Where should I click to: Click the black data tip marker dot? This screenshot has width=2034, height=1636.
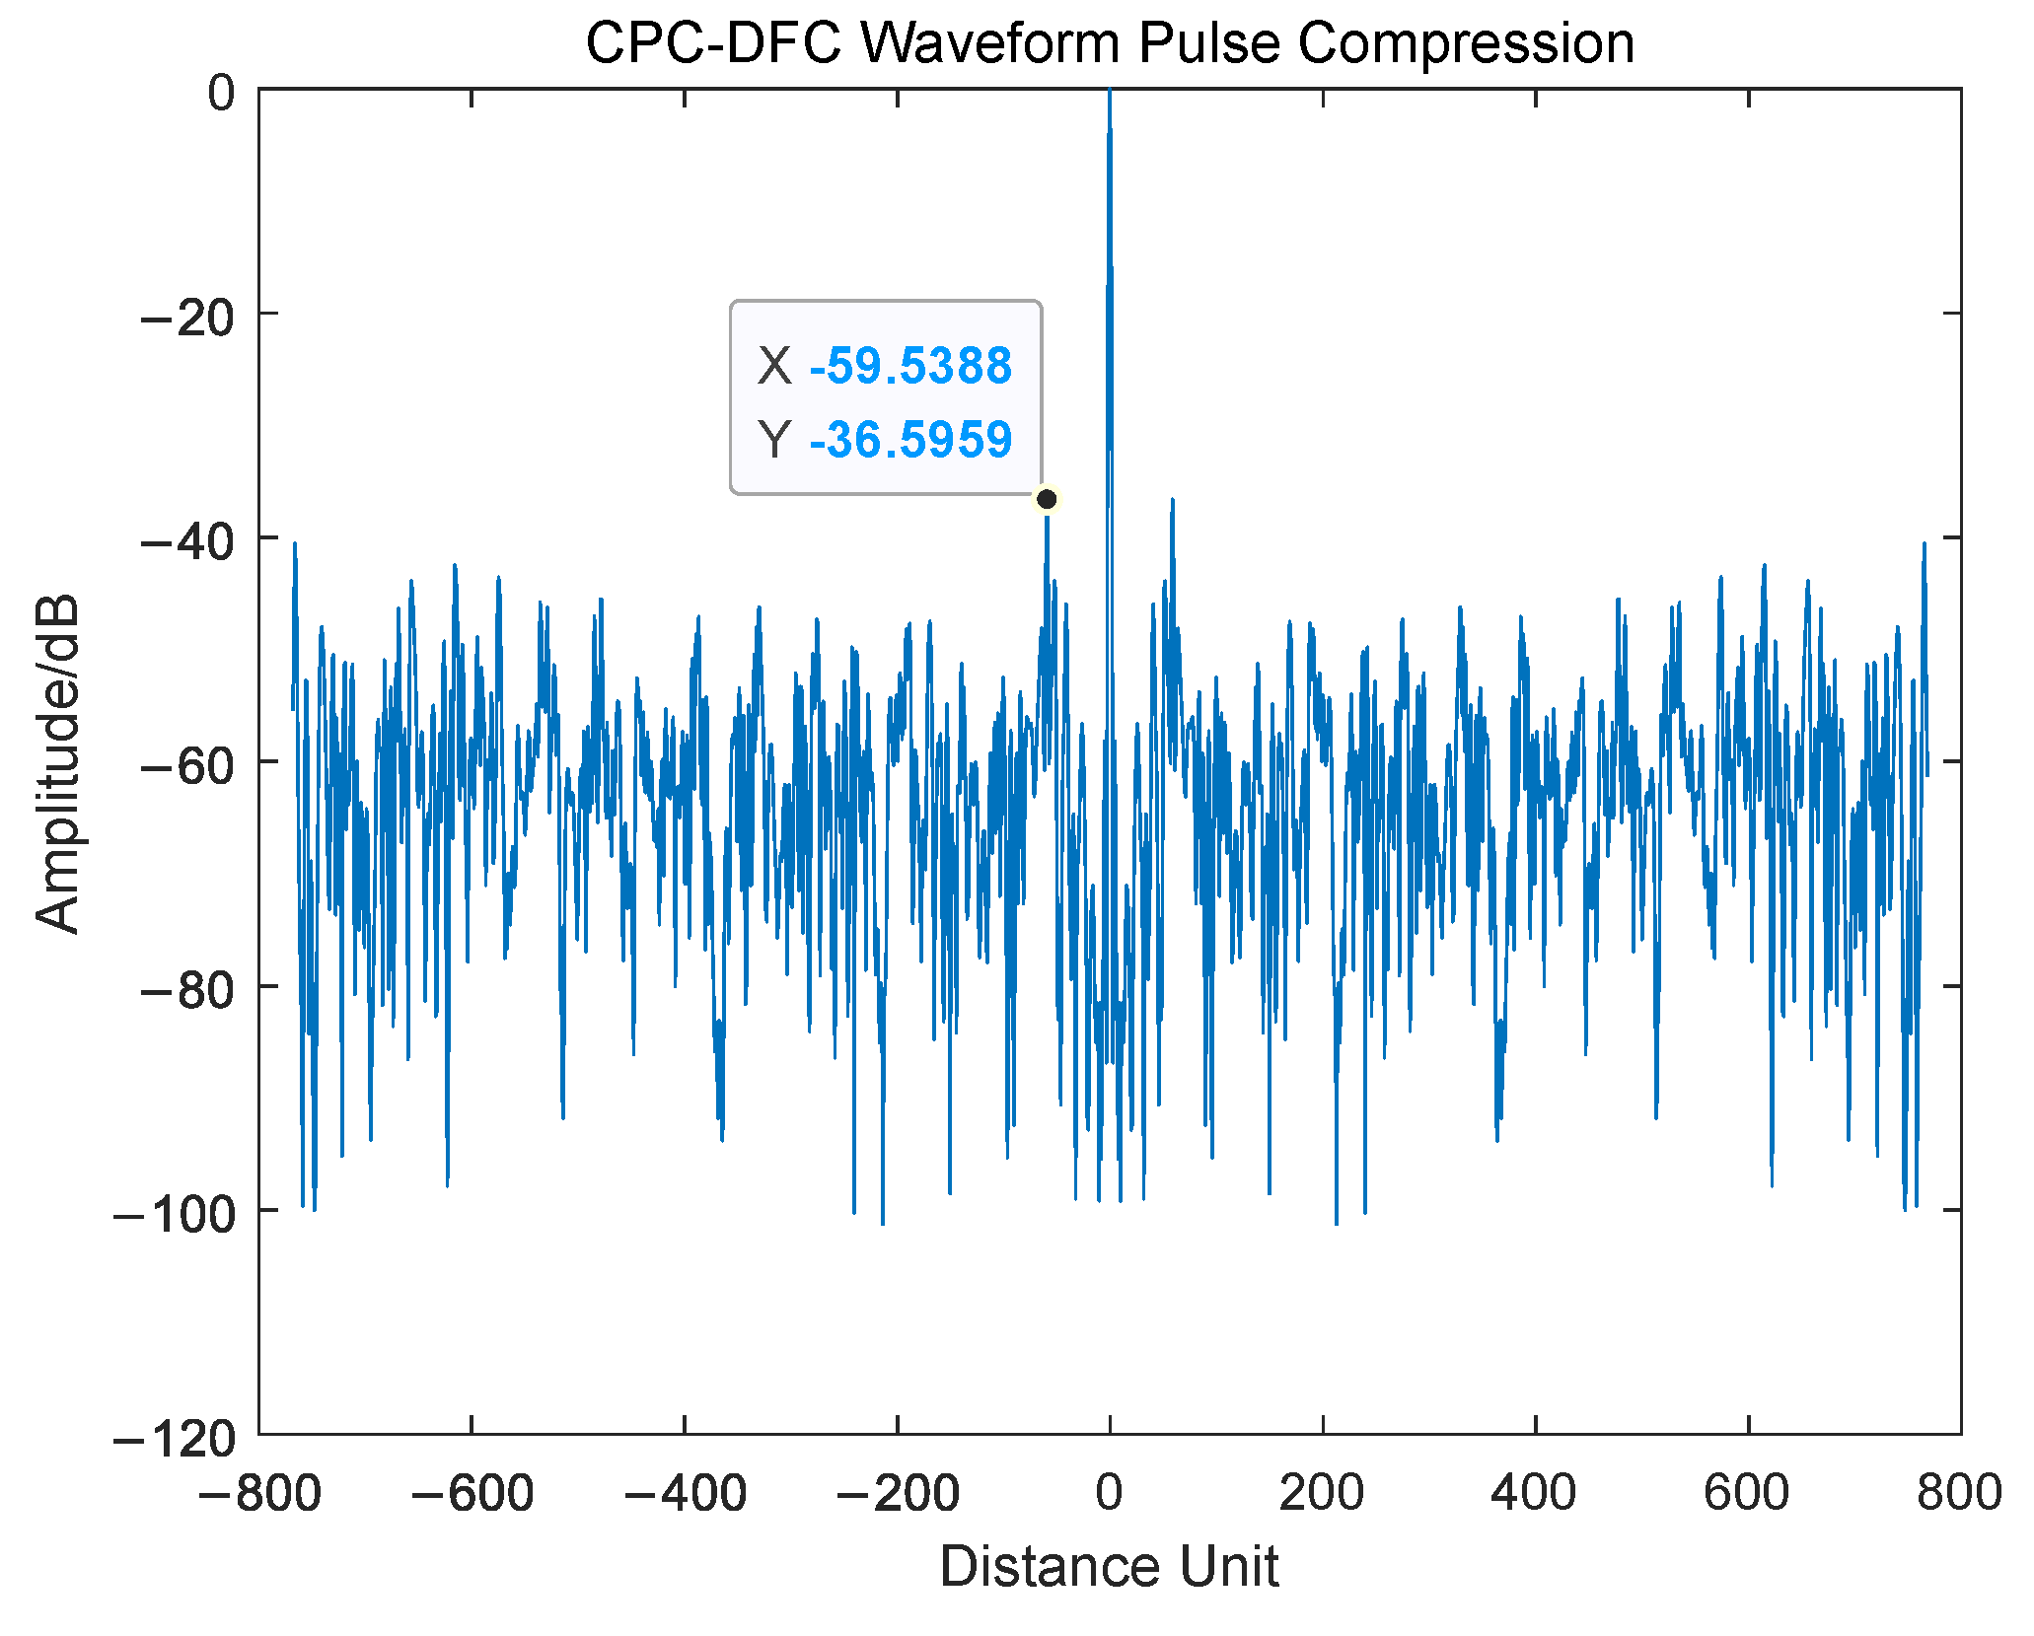1047,499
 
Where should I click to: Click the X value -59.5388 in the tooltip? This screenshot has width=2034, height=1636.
909,366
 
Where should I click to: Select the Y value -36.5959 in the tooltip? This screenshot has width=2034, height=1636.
909,440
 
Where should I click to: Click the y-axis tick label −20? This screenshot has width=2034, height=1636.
187,317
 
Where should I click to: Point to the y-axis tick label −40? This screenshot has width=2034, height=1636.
187,541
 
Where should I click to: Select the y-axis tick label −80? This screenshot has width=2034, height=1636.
187,989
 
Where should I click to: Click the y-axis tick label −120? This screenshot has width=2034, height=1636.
175,1439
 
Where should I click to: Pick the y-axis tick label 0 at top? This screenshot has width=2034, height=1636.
221,93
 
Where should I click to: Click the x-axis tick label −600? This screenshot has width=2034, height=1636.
472,1493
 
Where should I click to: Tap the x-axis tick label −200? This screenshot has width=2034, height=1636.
897,1493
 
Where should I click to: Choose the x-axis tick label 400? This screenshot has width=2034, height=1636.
1534,1493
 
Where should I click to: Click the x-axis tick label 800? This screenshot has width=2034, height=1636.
1959,1493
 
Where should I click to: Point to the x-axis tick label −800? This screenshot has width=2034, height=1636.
258,1493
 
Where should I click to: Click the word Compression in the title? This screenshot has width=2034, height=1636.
1466,43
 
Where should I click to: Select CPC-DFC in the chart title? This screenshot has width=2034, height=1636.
713,43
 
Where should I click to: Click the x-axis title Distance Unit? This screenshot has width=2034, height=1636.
1109,1566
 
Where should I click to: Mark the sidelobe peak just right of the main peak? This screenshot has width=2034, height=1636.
1172,502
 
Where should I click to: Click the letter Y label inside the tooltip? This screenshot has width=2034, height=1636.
773,440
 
